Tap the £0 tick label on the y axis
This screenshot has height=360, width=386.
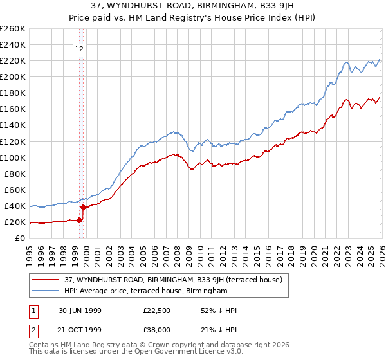click(x=20, y=238)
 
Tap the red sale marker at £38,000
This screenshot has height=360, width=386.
click(x=84, y=207)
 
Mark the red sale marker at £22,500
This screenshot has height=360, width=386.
click(x=80, y=220)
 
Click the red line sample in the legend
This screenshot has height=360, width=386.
click(x=45, y=280)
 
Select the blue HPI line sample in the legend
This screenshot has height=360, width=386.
click(x=45, y=291)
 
